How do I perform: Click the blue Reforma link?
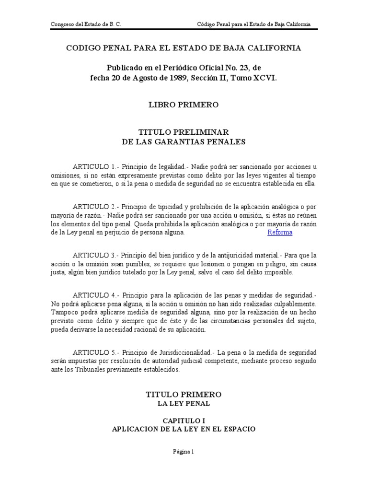click(x=280, y=233)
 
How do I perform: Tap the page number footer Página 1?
click(x=184, y=451)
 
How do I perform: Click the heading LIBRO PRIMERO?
click(x=184, y=104)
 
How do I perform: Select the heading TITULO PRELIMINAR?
click(x=184, y=131)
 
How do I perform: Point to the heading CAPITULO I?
click(x=184, y=420)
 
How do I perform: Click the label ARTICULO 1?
click(x=94, y=167)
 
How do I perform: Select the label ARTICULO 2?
click(x=94, y=207)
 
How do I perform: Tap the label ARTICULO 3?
click(x=94, y=255)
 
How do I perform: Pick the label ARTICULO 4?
click(x=94, y=295)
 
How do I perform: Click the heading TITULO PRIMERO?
click(x=184, y=394)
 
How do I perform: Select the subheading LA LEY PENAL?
click(x=184, y=404)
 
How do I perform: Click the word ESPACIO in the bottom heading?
click(x=238, y=429)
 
